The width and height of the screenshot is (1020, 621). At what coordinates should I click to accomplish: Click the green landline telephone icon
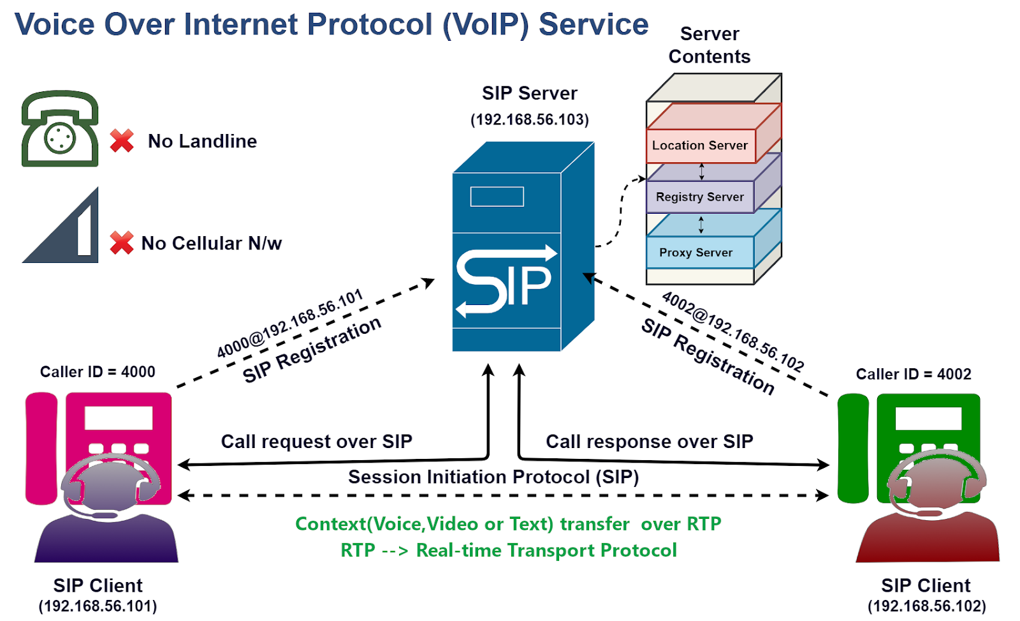coord(60,129)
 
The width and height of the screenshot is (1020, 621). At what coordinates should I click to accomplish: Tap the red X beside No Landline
coord(122,140)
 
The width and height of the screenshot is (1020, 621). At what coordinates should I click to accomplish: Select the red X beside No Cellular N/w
coord(122,243)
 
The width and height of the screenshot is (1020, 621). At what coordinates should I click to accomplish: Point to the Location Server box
coord(700,146)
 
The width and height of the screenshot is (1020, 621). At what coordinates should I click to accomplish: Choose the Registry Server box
coord(700,197)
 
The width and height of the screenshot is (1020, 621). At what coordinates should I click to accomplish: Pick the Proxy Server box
coord(696,253)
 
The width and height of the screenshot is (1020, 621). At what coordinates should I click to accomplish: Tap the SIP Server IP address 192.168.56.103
coord(530,119)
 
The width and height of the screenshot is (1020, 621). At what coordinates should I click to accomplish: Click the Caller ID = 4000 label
coord(98,371)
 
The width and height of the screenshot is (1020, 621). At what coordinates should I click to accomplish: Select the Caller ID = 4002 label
coord(913,374)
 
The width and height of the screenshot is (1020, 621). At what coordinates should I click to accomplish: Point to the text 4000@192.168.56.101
coord(290,324)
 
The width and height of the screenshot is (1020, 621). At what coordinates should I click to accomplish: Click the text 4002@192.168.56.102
coord(733,331)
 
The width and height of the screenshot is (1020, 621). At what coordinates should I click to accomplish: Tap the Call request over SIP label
coord(316,441)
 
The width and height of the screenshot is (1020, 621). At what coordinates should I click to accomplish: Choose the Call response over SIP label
coord(649,441)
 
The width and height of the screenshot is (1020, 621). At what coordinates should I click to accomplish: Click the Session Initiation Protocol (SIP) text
coord(493,477)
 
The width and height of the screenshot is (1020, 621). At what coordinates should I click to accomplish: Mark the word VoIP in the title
coord(486,25)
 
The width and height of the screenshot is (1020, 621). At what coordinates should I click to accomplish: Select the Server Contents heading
coord(710,45)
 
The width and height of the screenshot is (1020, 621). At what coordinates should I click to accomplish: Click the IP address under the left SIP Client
coord(98,606)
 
